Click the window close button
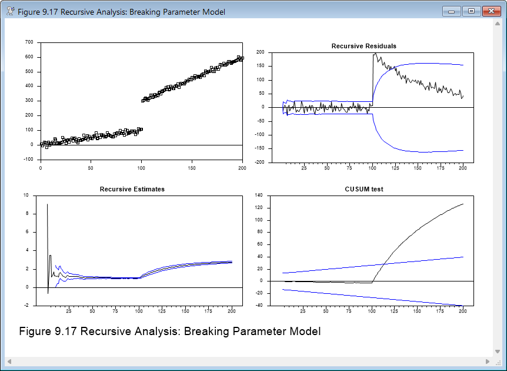(491, 11)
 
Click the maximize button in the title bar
(471, 11)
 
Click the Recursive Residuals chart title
(363, 46)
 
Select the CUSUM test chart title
(363, 189)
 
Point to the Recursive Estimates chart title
(132, 189)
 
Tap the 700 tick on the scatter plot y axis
(29, 42)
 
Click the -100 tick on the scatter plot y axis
(28, 159)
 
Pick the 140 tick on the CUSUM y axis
(258, 196)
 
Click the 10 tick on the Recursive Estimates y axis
(25, 196)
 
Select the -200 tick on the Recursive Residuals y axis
(258, 163)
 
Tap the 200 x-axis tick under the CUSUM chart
(463, 310)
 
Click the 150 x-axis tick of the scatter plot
(192, 168)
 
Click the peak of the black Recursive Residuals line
(375, 54)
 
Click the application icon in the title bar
(10, 11)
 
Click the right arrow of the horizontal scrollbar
(488, 361)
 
